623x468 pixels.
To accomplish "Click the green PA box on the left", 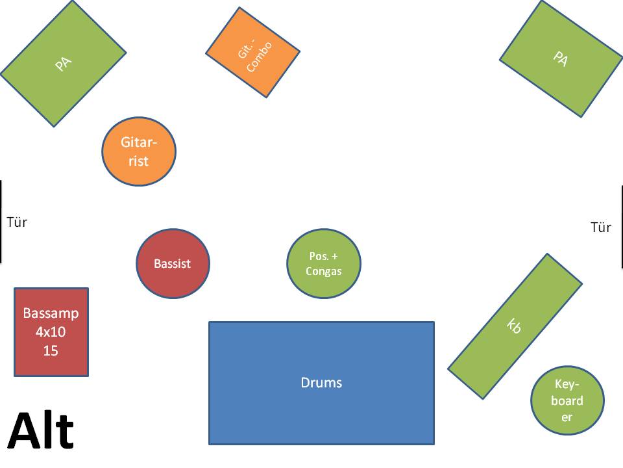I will [x=63, y=63].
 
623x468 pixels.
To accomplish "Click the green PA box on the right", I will [x=561, y=59].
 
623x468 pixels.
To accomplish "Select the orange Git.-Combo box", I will [x=253, y=53].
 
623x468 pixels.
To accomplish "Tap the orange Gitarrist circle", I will [x=139, y=151].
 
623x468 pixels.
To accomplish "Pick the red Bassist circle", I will [x=173, y=264].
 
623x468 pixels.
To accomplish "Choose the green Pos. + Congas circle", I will [x=324, y=263].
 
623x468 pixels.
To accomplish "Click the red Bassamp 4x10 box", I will [x=51, y=331].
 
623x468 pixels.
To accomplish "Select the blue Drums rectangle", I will [x=321, y=383].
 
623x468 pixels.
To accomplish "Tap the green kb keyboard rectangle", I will [x=515, y=326].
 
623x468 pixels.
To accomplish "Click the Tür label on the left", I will [x=17, y=222].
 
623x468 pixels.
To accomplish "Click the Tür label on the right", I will [x=601, y=227].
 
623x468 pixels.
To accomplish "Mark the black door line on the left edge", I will [x=1, y=222].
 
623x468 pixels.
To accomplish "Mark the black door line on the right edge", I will [x=622, y=227].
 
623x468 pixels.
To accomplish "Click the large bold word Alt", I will [x=41, y=430].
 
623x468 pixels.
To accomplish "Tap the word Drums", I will [x=321, y=383].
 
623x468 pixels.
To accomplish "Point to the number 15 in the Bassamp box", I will [x=51, y=351].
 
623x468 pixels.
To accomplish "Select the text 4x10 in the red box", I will [x=51, y=332].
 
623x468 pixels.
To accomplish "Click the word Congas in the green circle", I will [x=324, y=272].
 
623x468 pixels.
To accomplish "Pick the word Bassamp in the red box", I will [x=51, y=313].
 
